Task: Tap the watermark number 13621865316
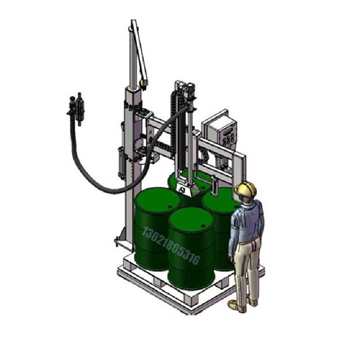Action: click(171, 246)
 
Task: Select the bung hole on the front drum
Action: click(203, 226)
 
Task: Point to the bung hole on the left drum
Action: click(170, 207)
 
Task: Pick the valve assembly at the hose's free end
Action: click(76, 108)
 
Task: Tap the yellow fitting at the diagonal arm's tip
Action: click(144, 83)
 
